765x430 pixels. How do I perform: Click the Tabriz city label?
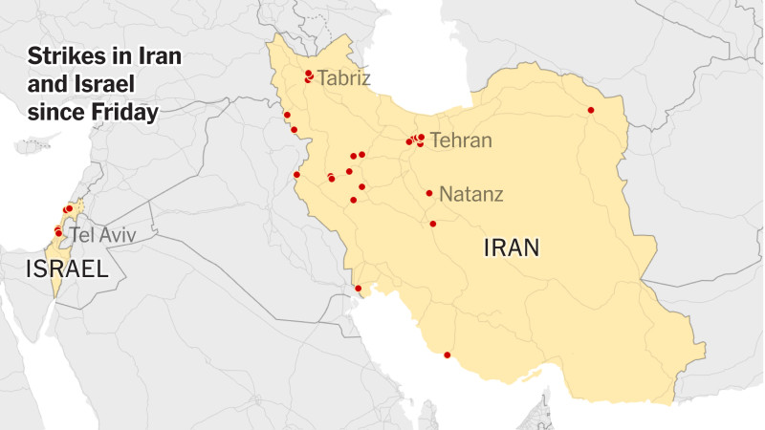coord(343,78)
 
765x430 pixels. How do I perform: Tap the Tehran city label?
coord(461,140)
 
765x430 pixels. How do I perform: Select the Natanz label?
coord(471,194)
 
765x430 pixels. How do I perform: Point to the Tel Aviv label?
coord(96,234)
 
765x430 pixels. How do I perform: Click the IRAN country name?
coord(512,249)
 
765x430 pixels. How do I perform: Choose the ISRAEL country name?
coord(67,269)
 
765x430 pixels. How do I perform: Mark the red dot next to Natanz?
coord(429,193)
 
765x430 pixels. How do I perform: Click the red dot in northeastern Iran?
coord(591,110)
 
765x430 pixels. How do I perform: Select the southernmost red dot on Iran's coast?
coord(447,355)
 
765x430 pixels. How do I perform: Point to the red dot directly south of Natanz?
coord(432,224)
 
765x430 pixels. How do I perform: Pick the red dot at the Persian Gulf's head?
coord(359,288)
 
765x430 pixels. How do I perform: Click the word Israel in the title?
coord(98,83)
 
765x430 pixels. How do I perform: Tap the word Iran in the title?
coord(157,54)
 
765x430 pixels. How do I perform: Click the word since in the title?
coord(55,113)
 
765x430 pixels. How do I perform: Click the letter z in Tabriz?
coord(365,78)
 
